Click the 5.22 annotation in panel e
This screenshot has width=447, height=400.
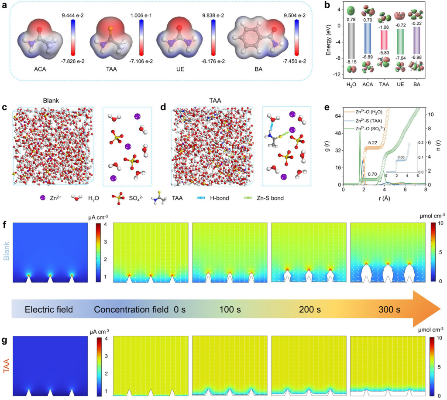(x=372, y=142)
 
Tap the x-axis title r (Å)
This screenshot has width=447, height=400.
(x=384, y=196)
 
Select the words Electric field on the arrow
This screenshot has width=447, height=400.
(x=48, y=310)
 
